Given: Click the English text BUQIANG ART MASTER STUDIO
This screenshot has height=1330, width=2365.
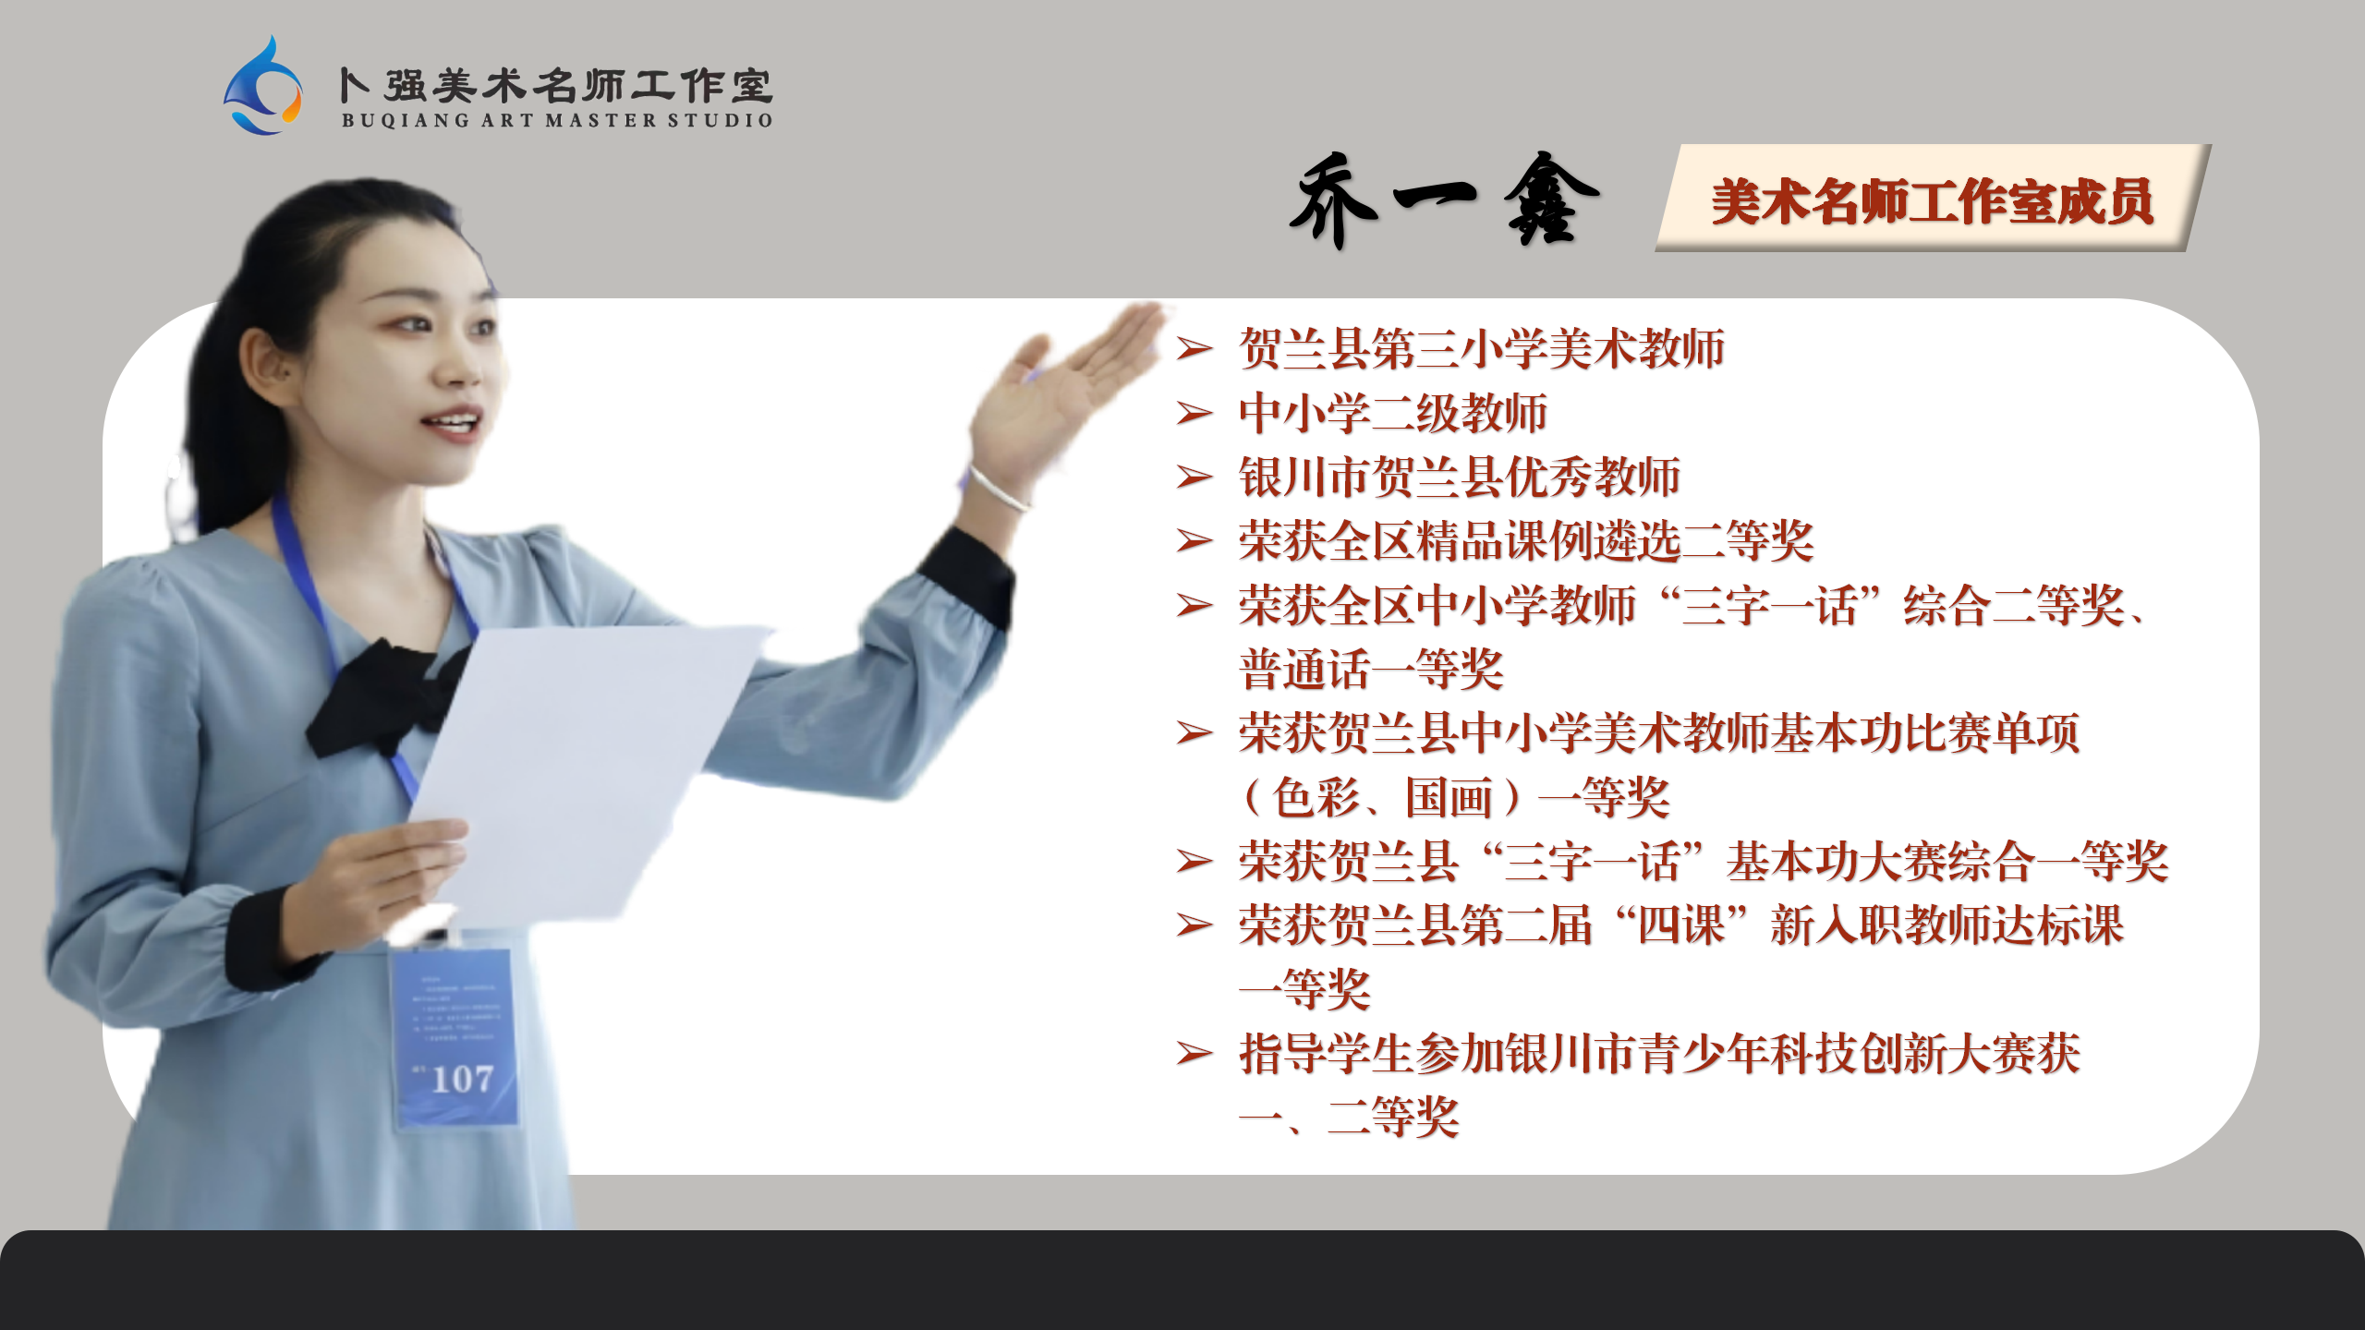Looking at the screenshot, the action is (x=557, y=120).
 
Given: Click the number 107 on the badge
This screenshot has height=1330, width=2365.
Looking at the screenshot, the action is (x=462, y=1079).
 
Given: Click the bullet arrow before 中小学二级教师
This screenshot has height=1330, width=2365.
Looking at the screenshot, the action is (x=1194, y=413).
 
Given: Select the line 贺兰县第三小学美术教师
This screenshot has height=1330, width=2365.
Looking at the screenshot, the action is (x=1481, y=348).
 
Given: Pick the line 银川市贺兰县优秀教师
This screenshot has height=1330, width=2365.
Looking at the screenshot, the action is (x=1459, y=477).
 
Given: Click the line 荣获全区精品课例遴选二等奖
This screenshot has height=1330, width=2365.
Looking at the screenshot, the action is (x=1526, y=540).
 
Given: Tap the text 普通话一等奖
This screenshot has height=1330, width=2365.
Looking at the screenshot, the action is (x=1371, y=669).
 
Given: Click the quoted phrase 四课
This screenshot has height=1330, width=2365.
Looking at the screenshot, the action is (x=1681, y=925).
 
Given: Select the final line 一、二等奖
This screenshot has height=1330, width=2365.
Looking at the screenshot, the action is (x=1349, y=1118).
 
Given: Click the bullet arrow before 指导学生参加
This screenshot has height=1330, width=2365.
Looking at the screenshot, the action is (x=1194, y=1053).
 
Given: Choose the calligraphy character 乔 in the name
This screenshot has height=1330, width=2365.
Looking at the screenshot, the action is (x=1334, y=200).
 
